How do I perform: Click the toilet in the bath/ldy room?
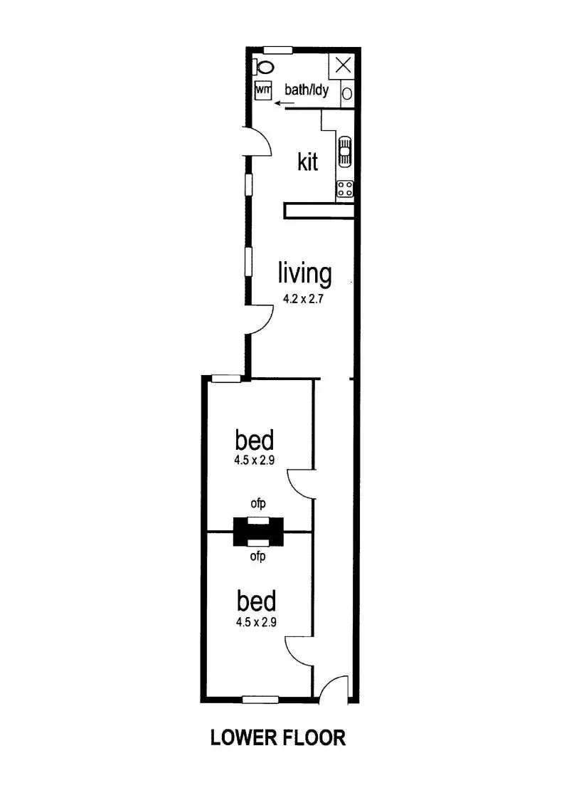tap(265, 67)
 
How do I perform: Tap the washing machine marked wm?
tap(263, 91)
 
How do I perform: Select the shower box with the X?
tap(342, 65)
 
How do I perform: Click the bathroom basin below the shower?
tap(346, 93)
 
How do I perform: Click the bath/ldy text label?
tap(306, 90)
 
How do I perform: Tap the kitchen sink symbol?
tap(344, 151)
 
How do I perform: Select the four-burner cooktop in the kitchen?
tap(346, 189)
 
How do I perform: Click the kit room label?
tap(307, 162)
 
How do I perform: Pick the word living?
tap(304, 273)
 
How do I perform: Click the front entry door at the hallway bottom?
tap(331, 689)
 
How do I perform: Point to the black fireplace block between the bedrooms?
tap(258, 531)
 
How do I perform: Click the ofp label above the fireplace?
tap(257, 504)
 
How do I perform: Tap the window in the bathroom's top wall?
tap(278, 49)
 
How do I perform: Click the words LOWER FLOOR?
tap(278, 737)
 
